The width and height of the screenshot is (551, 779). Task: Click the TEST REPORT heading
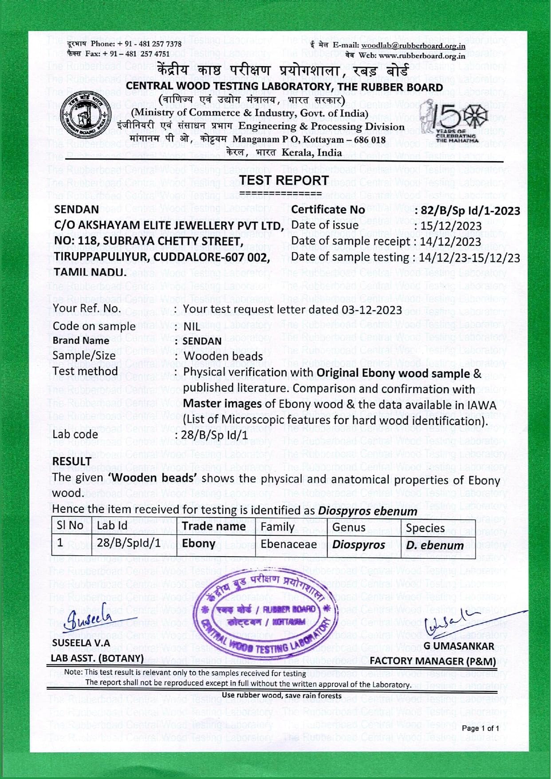pos(284,181)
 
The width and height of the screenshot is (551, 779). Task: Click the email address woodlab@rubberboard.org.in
pos(413,45)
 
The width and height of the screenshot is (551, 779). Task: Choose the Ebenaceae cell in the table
pos(288,544)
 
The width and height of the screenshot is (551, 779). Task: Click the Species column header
pos(425,528)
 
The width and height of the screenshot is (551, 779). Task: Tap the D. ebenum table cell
pos(435,545)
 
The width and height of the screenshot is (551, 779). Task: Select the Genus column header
pos(349,527)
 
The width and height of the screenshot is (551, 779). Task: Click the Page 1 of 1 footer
pos(480,728)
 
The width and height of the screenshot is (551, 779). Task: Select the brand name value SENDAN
pos(202,341)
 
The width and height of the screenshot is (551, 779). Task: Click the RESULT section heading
pos(71,462)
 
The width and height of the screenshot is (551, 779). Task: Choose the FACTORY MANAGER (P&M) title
pos(433,661)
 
